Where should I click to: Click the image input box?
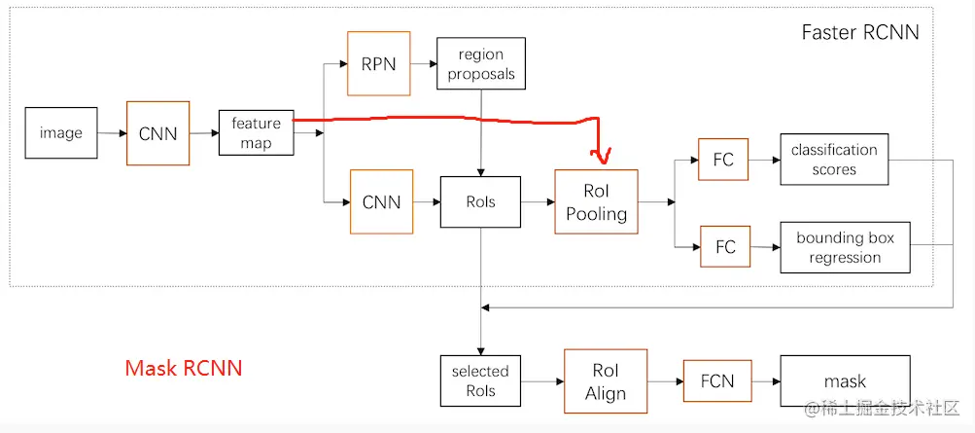click(61, 132)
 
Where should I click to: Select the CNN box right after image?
click(157, 133)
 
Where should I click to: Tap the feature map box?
click(256, 133)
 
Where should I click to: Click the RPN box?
click(378, 63)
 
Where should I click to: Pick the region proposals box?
click(481, 63)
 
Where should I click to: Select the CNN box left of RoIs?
click(381, 201)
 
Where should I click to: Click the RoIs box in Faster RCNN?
click(480, 201)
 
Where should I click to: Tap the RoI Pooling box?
click(596, 201)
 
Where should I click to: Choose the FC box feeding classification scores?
click(723, 160)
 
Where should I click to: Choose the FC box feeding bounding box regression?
click(725, 246)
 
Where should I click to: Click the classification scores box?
click(834, 160)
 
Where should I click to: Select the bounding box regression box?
click(845, 247)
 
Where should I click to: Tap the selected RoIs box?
click(480, 380)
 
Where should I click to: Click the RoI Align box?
click(605, 381)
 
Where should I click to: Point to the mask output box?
click(845, 380)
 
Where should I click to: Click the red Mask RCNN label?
click(183, 368)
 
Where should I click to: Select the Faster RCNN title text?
click(859, 32)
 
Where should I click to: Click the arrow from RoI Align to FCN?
click(664, 381)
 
